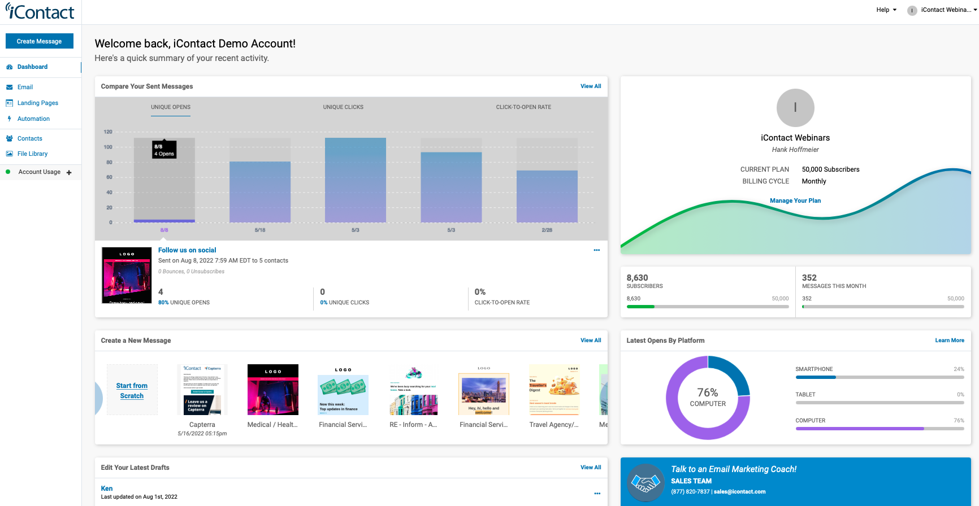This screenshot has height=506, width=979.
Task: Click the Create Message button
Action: click(40, 41)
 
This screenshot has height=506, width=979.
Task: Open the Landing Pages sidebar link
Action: click(37, 103)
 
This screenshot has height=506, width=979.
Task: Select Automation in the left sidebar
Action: click(33, 119)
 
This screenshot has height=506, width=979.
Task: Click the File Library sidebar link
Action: click(32, 154)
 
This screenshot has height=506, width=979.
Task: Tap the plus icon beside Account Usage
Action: click(69, 173)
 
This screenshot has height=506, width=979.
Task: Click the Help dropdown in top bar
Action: click(886, 10)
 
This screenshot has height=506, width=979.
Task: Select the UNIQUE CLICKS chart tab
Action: click(343, 107)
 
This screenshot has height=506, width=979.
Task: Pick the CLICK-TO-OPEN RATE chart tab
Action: click(523, 107)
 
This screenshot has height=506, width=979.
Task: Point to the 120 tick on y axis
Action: click(108, 132)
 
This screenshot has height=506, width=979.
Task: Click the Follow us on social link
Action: click(187, 250)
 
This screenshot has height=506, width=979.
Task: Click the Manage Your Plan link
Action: click(795, 200)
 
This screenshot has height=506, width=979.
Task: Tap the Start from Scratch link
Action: click(132, 391)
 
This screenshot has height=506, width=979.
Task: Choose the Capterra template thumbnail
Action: click(202, 390)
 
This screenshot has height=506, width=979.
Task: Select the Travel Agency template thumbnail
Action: click(553, 390)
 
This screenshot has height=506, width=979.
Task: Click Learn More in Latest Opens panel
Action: click(949, 341)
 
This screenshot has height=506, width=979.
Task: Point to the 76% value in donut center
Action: click(707, 392)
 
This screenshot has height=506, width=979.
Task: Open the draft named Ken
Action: click(107, 488)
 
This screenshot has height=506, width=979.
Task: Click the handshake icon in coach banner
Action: click(646, 483)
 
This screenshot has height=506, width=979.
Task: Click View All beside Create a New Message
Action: click(590, 341)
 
